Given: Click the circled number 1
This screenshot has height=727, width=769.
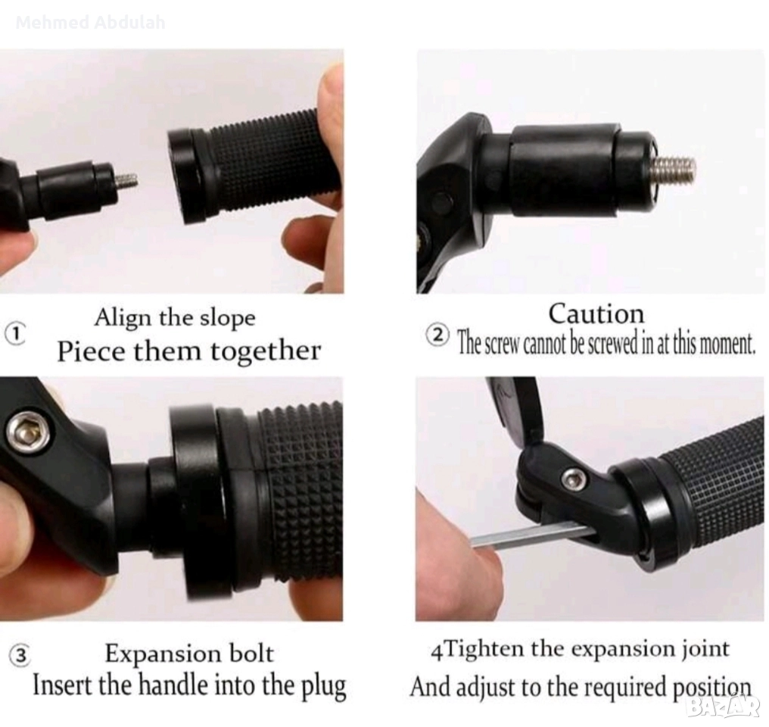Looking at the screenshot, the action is (16, 334).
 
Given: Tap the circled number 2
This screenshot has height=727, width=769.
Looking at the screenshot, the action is (437, 335).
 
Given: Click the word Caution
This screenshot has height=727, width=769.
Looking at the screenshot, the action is (596, 314).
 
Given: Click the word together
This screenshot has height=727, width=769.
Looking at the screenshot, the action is (266, 351).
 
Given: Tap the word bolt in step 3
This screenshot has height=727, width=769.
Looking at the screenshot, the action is (251, 654).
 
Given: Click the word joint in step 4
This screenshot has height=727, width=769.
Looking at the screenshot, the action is (706, 649).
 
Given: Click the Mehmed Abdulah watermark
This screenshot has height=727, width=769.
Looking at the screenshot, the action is (90, 23).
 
